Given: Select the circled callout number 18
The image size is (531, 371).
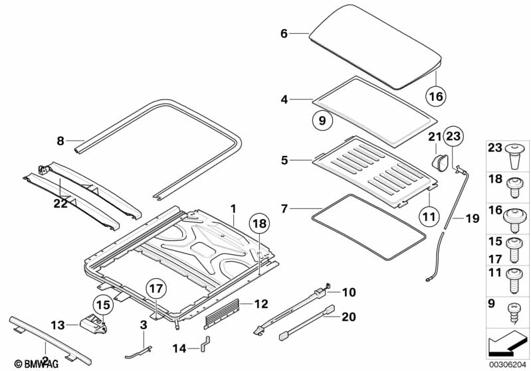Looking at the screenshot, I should click(260, 224).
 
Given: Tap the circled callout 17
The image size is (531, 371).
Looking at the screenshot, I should click(154, 288).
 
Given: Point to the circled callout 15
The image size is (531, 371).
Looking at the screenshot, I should click(102, 305).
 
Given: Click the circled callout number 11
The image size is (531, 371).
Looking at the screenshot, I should click(429, 215).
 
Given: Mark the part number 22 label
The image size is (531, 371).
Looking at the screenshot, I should click(60, 204).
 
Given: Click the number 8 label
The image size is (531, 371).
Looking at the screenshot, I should click(60, 140).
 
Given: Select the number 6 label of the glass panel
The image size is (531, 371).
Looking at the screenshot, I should click(284, 33).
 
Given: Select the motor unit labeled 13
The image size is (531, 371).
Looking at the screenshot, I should click(92, 325).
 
